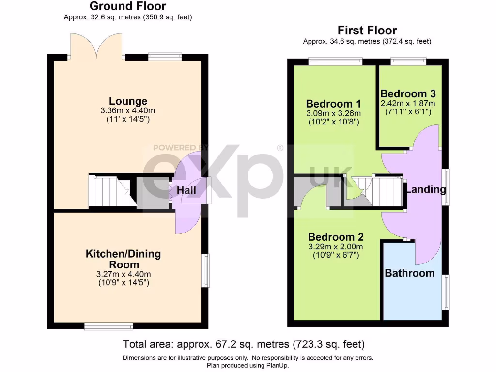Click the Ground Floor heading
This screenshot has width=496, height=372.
(x=128, y=6)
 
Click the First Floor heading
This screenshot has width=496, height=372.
(x=367, y=31)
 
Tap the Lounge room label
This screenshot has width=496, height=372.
(x=128, y=101)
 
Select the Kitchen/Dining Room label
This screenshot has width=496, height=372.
(x=123, y=259)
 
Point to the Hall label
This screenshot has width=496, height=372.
(x=186, y=190)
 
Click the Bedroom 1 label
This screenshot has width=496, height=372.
(x=333, y=104)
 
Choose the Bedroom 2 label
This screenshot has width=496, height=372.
(x=336, y=237)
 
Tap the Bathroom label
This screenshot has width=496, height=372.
(x=409, y=273)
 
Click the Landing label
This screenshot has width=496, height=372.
(x=426, y=189)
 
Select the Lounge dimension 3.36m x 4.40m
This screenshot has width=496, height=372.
(x=128, y=110)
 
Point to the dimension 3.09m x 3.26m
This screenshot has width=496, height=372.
(x=334, y=114)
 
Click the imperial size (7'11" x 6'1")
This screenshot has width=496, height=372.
(x=408, y=112)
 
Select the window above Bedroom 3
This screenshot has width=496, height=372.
(x=409, y=61)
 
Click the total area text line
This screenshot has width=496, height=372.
(x=244, y=344)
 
